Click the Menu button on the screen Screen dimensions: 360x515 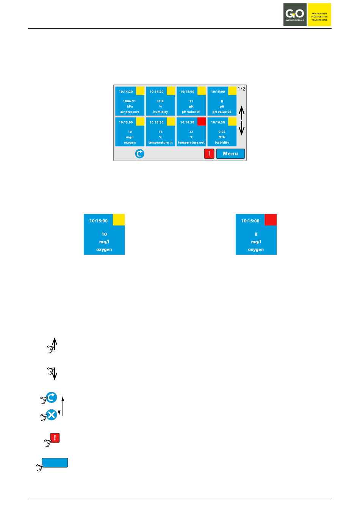(x=230, y=153)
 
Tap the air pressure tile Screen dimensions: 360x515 (x=130, y=101)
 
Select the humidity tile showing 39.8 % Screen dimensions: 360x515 (x=160, y=101)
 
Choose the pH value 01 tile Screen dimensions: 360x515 (x=191, y=101)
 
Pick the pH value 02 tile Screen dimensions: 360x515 (x=222, y=101)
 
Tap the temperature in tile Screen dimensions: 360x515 (x=160, y=132)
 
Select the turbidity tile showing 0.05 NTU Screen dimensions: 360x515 (x=222, y=132)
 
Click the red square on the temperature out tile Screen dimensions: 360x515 (x=202, y=121)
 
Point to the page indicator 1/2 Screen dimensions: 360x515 (x=241, y=89)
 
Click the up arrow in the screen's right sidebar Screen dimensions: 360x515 (x=241, y=111)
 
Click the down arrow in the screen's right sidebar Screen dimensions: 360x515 (x=241, y=129)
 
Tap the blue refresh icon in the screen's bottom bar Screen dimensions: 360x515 (x=140, y=153)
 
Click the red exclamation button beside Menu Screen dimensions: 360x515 (x=209, y=153)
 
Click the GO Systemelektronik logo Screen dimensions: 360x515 (x=295, y=15)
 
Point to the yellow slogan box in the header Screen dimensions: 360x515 (x=319, y=15)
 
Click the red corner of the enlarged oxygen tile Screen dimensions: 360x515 (x=271, y=220)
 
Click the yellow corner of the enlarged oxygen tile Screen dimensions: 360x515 (x=119, y=220)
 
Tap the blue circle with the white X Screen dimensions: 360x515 (x=52, y=415)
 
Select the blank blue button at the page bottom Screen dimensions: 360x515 (x=55, y=463)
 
